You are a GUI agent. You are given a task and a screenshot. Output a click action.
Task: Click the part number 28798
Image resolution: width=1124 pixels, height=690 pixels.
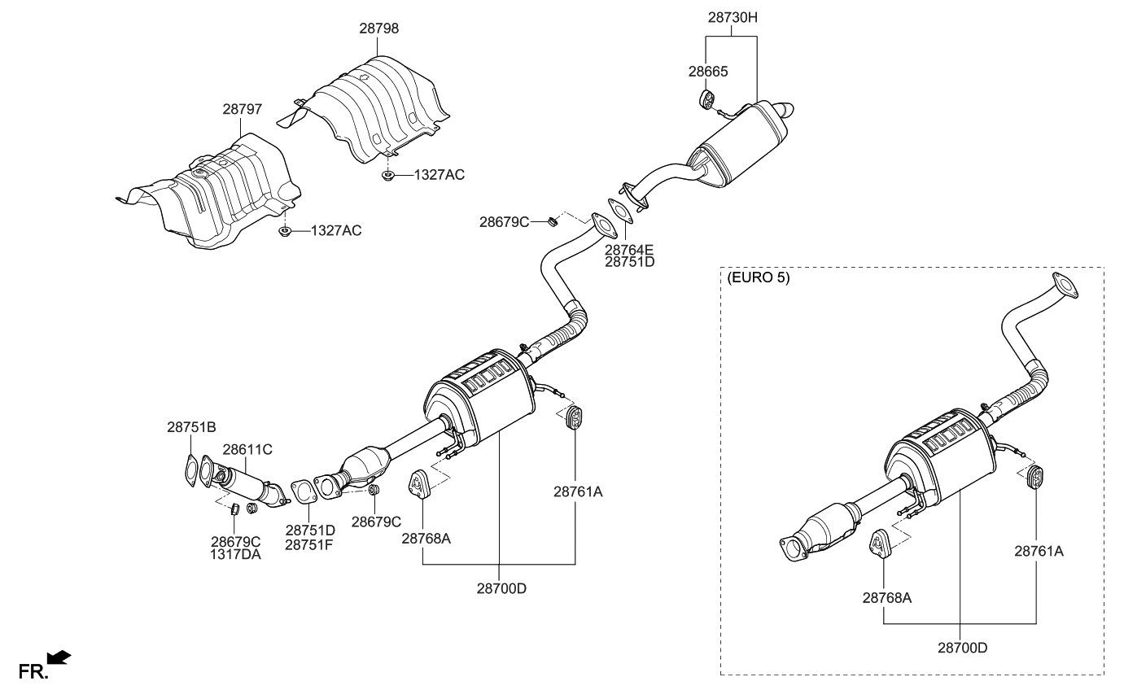(379, 28)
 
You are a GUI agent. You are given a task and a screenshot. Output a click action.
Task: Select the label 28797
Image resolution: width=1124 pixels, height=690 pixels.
(243, 108)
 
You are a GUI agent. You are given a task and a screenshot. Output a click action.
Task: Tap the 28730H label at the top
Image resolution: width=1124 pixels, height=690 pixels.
(730, 17)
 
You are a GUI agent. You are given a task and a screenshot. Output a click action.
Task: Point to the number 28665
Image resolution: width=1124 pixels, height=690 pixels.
(707, 72)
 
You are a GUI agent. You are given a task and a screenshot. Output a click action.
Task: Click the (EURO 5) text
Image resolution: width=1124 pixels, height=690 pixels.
(758, 277)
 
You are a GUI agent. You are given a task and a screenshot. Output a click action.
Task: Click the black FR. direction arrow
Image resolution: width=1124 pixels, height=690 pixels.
(59, 657)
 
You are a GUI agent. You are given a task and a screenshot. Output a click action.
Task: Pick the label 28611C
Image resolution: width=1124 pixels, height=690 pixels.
(247, 449)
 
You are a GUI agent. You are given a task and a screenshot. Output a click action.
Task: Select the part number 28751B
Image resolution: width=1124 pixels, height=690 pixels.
(191, 427)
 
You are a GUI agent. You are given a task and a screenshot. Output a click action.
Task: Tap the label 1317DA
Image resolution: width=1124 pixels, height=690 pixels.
(236, 555)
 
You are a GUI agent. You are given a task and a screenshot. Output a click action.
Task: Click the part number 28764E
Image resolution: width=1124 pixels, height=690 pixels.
(629, 250)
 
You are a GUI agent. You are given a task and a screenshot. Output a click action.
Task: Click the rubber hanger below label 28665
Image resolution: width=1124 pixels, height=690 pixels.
(706, 101)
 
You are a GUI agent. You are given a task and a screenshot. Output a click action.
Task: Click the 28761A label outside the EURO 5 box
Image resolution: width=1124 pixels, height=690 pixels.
(578, 491)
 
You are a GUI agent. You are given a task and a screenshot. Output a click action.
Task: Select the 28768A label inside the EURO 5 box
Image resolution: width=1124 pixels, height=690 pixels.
(886, 597)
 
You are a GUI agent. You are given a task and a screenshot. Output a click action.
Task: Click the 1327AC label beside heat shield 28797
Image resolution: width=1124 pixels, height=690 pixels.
(335, 231)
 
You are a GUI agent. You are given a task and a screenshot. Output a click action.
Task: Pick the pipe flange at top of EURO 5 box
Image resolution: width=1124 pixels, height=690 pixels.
(1065, 285)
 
